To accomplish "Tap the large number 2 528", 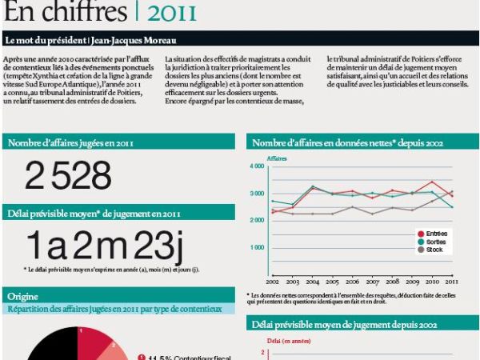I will [68, 175].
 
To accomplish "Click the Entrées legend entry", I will [437, 233].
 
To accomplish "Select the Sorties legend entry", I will [436, 241].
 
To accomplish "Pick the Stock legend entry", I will [434, 250].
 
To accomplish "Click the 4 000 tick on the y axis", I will [257, 166].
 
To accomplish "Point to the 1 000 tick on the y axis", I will [257, 247].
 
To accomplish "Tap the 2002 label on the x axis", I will [273, 282].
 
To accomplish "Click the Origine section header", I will [23, 297].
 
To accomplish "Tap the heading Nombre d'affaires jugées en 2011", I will [70, 143].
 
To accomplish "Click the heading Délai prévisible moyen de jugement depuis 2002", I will [344, 326].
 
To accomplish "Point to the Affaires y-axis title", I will [277, 158].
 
